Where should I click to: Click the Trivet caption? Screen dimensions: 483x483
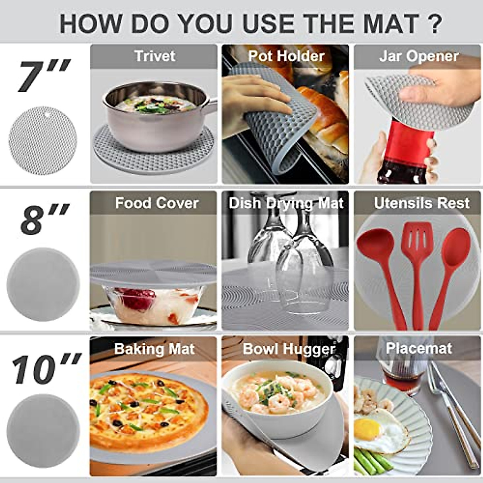(x=155, y=56)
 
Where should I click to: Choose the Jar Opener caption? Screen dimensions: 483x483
(x=419, y=56)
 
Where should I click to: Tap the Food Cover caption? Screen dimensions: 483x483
(x=157, y=203)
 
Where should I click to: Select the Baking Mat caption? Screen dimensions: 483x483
(x=154, y=349)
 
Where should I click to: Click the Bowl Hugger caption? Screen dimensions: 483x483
(x=289, y=349)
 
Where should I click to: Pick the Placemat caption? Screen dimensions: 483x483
(x=419, y=348)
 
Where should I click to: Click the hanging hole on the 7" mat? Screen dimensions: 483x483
(x=48, y=114)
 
